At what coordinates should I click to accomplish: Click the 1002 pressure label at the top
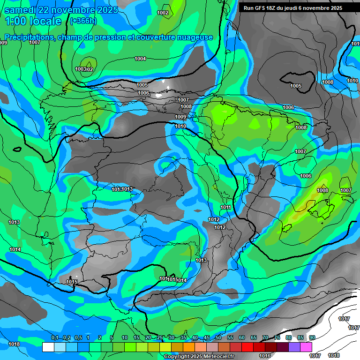tap(163, 13)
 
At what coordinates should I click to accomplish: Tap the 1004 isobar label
tap(140, 59)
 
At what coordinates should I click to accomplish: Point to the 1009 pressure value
tap(180, 117)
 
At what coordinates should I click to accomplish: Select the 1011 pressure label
tap(225, 207)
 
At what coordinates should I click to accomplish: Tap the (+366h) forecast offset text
tap(83, 21)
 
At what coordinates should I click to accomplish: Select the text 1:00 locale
tap(33, 21)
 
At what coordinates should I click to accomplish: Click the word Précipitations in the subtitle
tap(29, 37)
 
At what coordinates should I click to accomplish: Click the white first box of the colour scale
tap(48, 347)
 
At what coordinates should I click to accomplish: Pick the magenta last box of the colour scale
tap(306, 347)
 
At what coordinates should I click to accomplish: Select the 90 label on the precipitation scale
tap(312, 338)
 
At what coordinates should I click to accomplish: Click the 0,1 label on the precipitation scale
tap(55, 338)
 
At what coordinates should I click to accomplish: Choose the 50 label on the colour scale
tap(218, 338)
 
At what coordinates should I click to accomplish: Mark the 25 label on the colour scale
tap(160, 338)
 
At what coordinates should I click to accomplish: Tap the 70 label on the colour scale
tap(265, 338)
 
